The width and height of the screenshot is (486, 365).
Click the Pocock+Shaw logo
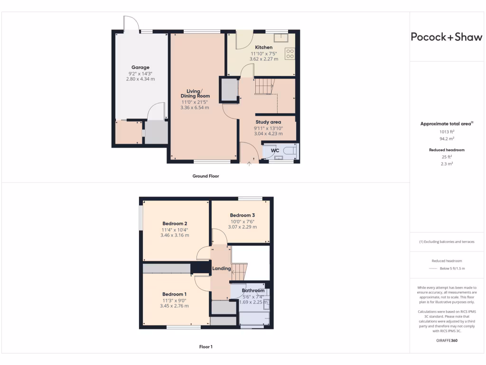(x=446, y=37)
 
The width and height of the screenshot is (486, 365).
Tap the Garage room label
(x=140, y=67)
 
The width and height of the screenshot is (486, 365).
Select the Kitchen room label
(x=264, y=48)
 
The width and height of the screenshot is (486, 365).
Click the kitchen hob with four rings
(x=290, y=54)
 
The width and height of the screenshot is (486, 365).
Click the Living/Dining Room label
(x=195, y=94)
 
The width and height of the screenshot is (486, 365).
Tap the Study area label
(x=269, y=122)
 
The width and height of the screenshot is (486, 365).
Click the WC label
(x=275, y=151)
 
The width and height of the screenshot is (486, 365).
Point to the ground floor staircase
(x=265, y=87)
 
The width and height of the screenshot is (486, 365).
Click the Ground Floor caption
(x=206, y=176)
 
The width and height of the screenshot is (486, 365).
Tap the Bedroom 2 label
(x=175, y=223)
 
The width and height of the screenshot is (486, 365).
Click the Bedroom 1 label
(x=174, y=294)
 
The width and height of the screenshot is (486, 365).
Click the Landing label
(x=221, y=269)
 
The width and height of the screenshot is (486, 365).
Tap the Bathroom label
(x=253, y=290)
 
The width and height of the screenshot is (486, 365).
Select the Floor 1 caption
(x=206, y=347)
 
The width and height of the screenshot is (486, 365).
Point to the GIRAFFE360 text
(x=446, y=340)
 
